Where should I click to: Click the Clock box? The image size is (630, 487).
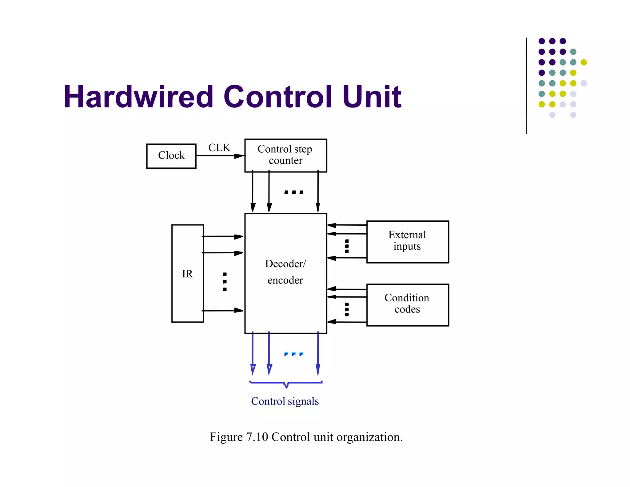click(171, 156)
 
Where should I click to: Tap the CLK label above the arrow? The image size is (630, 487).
click(219, 148)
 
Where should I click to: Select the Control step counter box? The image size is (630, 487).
click(285, 155)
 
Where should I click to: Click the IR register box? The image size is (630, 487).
click(187, 273)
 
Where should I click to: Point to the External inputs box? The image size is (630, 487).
click(407, 242)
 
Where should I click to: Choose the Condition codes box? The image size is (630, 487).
click(407, 304)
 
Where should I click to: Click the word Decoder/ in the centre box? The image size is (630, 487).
click(285, 264)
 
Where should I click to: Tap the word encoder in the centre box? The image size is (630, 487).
click(285, 280)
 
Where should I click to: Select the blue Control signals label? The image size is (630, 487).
click(285, 401)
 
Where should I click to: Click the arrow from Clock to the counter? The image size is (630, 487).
click(220, 156)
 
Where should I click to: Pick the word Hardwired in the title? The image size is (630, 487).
click(138, 97)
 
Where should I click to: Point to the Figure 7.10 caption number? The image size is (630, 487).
click(257, 437)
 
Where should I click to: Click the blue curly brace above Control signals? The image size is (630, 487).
click(286, 383)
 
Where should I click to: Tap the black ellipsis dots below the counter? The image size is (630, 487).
click(294, 192)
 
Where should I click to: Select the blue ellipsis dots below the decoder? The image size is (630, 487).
click(294, 354)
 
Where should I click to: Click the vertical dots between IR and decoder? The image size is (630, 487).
click(225, 282)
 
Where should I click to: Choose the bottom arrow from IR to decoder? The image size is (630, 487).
click(222, 311)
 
